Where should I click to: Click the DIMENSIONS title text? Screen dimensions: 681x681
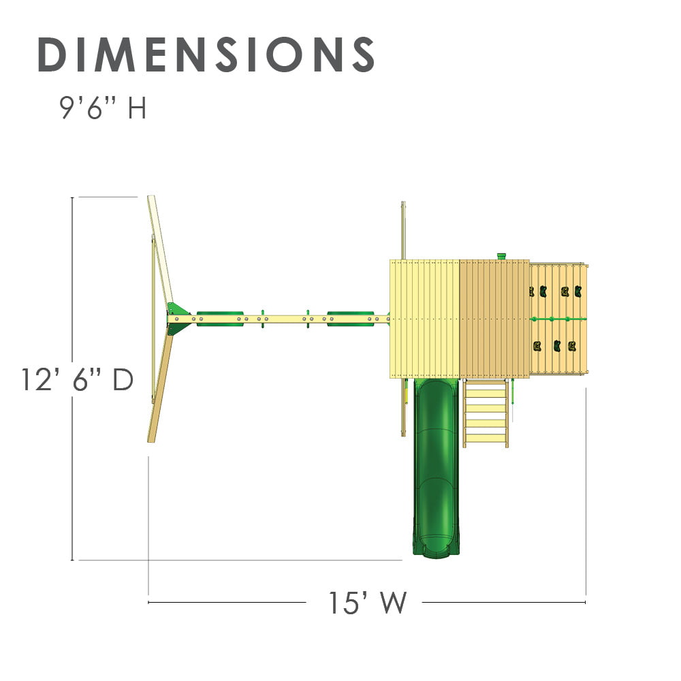[206, 54]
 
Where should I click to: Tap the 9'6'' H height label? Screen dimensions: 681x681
[103, 108]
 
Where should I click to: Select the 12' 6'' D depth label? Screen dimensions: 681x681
[77, 380]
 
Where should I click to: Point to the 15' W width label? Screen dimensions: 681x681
[368, 603]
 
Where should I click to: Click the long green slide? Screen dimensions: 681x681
[436, 467]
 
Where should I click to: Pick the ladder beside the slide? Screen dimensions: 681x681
[486, 413]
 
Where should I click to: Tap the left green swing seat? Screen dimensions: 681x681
[220, 318]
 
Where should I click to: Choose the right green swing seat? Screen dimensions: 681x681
[350, 318]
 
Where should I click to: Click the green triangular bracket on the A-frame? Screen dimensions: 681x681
[176, 319]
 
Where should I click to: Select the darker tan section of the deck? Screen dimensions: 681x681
[494, 319]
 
